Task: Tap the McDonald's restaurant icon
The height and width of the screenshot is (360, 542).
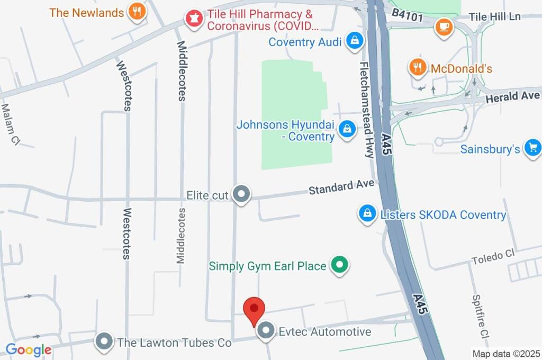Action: point(418,67)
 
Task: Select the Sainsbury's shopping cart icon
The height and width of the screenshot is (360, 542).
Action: point(532,148)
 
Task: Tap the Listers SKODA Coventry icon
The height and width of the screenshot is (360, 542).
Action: point(366,214)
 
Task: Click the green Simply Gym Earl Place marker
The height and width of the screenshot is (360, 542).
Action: point(339,265)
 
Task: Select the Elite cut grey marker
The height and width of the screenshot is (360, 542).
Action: point(241,194)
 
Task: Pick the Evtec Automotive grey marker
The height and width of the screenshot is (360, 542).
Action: point(265,332)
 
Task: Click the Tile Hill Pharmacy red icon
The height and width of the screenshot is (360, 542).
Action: point(193,19)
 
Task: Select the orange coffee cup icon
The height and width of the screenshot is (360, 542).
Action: point(444,26)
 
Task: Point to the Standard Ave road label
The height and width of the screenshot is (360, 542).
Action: point(342,187)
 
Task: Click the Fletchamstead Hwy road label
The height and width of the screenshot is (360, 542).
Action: point(366,110)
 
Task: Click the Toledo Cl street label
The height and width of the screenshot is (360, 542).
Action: point(493,256)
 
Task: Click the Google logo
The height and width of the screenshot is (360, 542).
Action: point(29,349)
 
